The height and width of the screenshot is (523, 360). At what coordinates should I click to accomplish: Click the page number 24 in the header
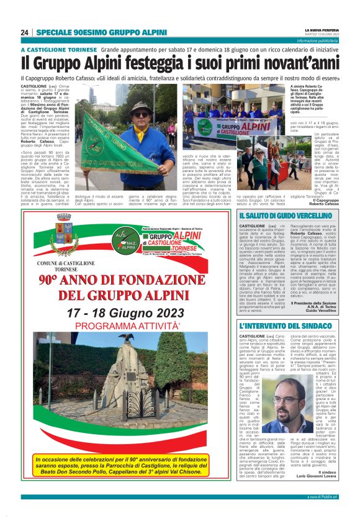(25, 32)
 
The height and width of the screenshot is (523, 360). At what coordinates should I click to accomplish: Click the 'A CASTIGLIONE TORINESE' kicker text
(58, 50)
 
